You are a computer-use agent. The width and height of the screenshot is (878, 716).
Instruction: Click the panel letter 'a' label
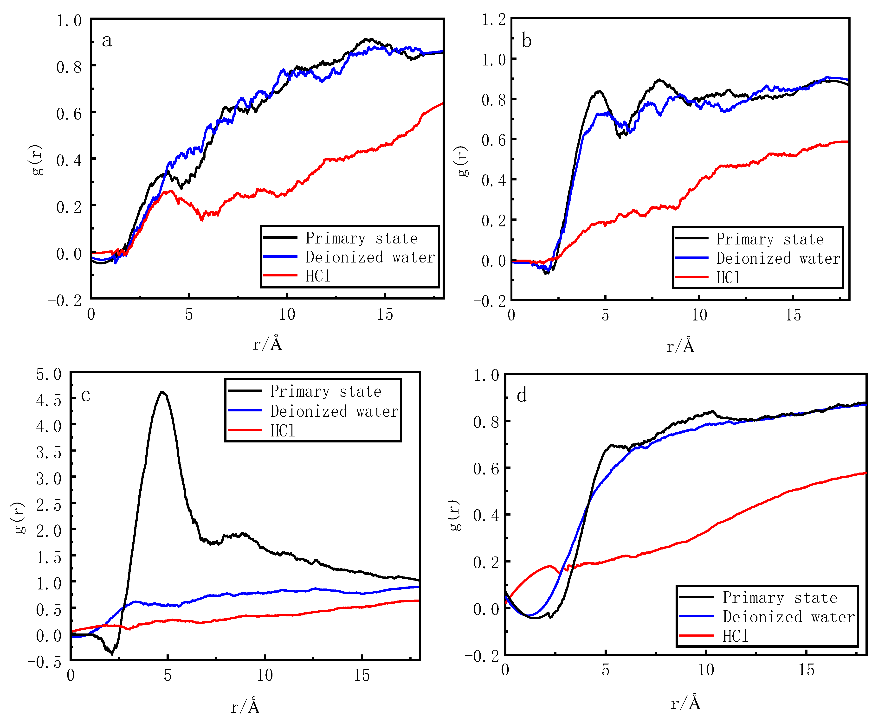107,40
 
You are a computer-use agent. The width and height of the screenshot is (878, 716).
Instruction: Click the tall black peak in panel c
162,393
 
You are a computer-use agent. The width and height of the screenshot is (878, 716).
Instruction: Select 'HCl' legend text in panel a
318,276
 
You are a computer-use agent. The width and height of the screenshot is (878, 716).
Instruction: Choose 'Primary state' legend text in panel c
326,391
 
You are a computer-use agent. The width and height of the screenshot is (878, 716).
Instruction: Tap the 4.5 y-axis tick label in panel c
49,400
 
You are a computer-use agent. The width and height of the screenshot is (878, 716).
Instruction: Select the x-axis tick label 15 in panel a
385,314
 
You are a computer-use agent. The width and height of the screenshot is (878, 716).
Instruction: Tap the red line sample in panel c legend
245,430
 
